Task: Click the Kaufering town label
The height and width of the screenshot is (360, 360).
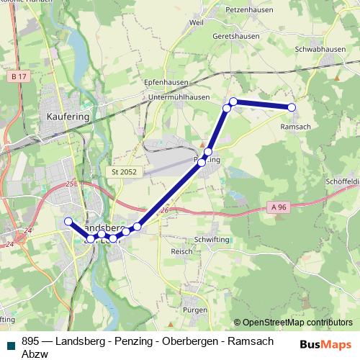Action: click(67, 115)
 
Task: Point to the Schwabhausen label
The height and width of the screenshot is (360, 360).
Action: click(320, 49)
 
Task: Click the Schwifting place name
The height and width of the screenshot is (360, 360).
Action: click(210, 239)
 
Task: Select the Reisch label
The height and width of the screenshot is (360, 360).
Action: click(181, 251)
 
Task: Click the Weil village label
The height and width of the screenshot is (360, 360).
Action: click(196, 23)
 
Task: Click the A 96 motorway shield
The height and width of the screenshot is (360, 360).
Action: click(280, 207)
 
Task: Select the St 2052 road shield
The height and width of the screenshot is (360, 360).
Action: click(125, 172)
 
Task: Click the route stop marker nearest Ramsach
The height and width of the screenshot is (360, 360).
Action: click(292, 107)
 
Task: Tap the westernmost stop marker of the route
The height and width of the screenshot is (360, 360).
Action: click(68, 221)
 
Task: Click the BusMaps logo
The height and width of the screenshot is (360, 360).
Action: click(326, 344)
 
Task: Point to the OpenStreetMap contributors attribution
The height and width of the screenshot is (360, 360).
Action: click(293, 323)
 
